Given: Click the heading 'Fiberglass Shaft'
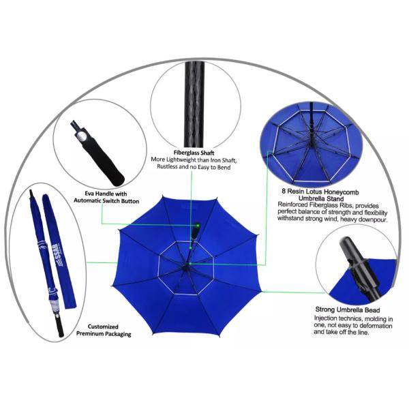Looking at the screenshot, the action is click(194, 153).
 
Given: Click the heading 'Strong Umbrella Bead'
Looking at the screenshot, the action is click(348, 310).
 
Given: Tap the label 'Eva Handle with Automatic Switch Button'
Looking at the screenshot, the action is click(106, 197).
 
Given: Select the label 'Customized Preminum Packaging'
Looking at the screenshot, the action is click(104, 330).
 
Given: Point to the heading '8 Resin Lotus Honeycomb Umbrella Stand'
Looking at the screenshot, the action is click(320, 194).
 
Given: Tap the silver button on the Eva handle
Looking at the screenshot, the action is click(82, 136).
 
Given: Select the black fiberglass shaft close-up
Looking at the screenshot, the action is click(194, 104).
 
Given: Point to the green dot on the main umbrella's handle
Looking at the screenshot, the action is click(198, 226).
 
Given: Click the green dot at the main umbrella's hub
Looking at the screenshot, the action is click(190, 263).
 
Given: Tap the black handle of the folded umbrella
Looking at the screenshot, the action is click(60, 325).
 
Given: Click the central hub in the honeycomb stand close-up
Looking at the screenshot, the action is click(312, 130).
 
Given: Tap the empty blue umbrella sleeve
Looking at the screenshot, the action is click(59, 251).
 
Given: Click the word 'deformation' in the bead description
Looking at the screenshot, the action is click(376, 326).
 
